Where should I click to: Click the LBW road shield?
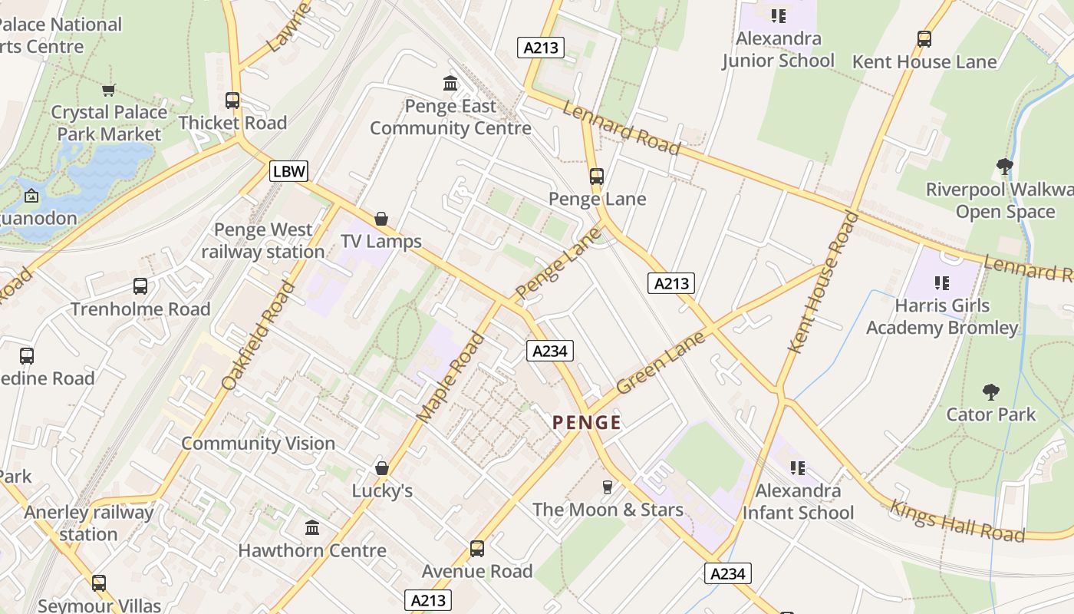288,171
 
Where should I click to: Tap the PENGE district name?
587,422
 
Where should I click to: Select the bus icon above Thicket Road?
232,101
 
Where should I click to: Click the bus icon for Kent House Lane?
924,39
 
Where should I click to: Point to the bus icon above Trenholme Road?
140,286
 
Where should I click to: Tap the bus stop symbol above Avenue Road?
477,549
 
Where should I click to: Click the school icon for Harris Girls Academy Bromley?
942,283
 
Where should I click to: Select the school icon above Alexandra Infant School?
798,467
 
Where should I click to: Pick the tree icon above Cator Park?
991,392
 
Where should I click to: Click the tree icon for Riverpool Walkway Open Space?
1004,167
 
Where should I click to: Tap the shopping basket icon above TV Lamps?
381,219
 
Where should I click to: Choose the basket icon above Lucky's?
382,468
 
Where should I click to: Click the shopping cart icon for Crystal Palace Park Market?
108,90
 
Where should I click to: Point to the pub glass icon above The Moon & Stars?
608,487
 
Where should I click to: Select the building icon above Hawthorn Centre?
311,528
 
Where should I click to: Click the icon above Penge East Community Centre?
450,83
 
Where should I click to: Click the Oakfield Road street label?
258,335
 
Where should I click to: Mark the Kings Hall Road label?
957,521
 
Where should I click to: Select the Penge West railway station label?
263,240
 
